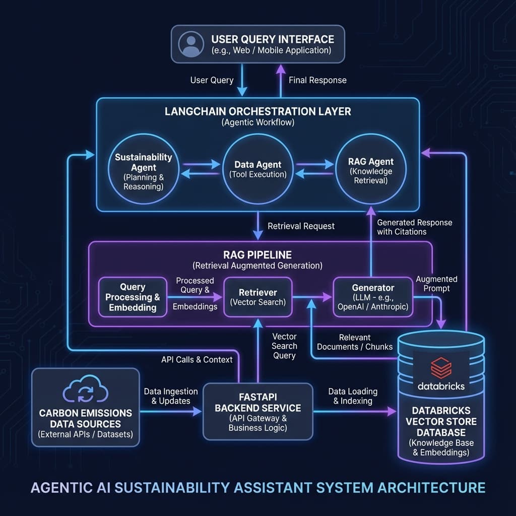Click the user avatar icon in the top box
coord(189,44)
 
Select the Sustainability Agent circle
coord(144,171)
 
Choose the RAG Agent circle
coord(371,171)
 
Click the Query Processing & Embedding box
coord(133,297)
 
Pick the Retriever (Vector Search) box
coord(257,297)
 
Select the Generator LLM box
coord(373,297)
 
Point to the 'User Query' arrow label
coord(212,80)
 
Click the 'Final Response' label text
coord(317,80)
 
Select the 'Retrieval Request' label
coord(301,226)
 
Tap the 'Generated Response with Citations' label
coord(414,227)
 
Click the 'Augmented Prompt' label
coord(436,284)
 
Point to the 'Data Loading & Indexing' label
coord(353,396)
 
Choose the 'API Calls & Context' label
coord(197,359)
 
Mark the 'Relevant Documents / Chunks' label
coord(355,342)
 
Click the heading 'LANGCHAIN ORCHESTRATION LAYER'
coord(257,111)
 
